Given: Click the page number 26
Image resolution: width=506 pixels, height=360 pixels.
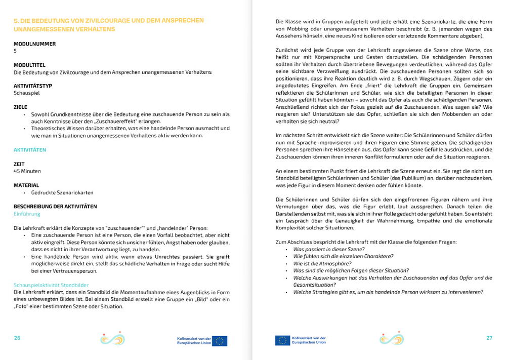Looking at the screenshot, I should [17, 338].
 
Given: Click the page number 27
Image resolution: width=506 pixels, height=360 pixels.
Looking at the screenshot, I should [489, 338].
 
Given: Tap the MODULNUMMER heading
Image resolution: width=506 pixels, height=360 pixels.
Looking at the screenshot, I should [35, 44].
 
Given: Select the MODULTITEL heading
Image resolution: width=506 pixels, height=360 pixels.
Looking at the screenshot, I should [30, 65].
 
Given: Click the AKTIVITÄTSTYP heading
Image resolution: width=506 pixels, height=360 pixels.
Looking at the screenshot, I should [33, 86].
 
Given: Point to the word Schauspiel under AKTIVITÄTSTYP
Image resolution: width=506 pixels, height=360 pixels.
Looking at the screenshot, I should [27, 93].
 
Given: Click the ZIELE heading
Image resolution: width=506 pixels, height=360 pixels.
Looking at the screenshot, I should [21, 107].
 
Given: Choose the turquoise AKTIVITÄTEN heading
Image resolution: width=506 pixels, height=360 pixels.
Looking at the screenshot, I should [30, 150].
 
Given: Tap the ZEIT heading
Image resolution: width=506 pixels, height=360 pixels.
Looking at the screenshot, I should [20, 164].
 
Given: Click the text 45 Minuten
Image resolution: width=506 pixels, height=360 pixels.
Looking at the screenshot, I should [27, 171].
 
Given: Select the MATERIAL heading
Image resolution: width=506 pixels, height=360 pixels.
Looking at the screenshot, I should [26, 185].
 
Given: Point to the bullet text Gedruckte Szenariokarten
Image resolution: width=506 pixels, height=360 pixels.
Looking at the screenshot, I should [62, 193].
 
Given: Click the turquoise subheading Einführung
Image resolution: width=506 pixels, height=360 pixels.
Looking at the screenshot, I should [27, 214].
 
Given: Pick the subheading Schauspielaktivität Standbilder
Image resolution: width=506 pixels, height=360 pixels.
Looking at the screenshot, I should [51, 286].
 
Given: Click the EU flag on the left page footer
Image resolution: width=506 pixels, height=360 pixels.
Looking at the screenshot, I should [220, 341].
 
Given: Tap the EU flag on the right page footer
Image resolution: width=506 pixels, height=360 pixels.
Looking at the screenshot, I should [282, 341].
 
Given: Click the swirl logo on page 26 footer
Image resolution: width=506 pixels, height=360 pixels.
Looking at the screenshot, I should [112, 338].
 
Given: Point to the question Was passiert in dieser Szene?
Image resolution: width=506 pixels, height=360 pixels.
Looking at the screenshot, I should [329, 250].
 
